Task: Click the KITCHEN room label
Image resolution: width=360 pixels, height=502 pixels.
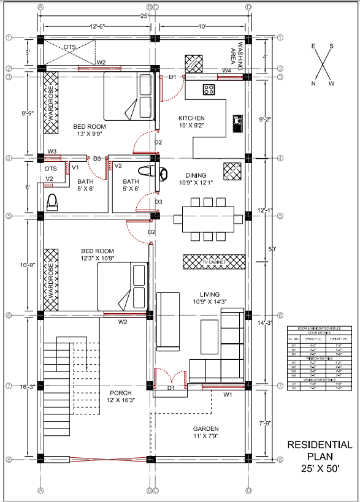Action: pos(191,118)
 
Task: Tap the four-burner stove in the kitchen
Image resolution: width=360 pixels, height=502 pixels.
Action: pos(209,89)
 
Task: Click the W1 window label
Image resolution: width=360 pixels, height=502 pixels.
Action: pos(228,395)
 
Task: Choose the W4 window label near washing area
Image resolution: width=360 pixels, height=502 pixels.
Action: pos(227,71)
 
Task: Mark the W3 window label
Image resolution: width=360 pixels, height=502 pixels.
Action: pos(52,151)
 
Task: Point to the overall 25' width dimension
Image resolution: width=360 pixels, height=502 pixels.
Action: pos(145,15)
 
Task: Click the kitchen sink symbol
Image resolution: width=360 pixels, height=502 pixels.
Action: pos(237,122)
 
